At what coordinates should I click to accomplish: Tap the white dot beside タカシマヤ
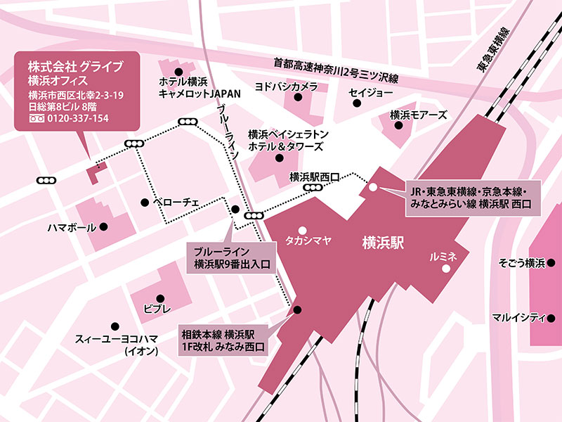coord(302,230)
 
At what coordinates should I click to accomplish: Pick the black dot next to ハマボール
coord(103,227)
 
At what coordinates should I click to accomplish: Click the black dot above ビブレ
coord(159,298)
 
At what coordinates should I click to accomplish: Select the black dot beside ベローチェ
coord(144,203)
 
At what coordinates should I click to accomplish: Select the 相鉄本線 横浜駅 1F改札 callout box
coord(222,340)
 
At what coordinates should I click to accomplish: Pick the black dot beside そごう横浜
coord(552,264)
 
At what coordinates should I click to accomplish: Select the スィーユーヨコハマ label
coord(111,340)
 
